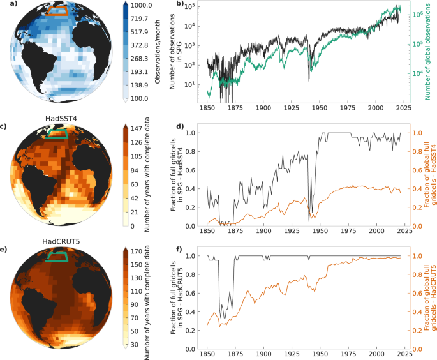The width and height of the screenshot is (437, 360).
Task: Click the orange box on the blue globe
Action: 59,10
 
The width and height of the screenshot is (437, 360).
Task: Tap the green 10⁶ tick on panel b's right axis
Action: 413,13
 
